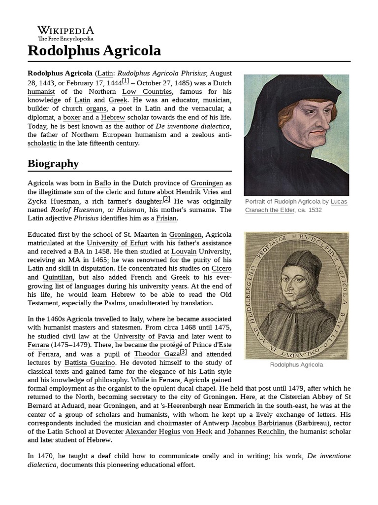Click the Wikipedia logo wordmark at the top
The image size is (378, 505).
(x=65, y=31)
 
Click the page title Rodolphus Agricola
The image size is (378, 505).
(x=94, y=51)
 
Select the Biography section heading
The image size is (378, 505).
(x=53, y=163)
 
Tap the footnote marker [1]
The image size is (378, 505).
(x=126, y=81)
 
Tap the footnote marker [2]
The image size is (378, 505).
(x=166, y=199)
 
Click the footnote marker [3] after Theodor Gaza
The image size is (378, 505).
(x=183, y=352)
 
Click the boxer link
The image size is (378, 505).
(x=71, y=117)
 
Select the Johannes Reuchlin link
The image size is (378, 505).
(x=256, y=432)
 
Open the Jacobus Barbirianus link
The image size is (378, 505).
(x=262, y=423)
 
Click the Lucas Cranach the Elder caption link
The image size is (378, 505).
(x=296, y=206)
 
